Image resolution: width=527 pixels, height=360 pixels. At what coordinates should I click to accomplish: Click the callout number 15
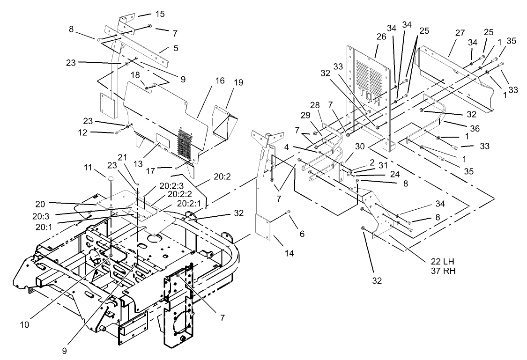pyautogui.click(x=160, y=14)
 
